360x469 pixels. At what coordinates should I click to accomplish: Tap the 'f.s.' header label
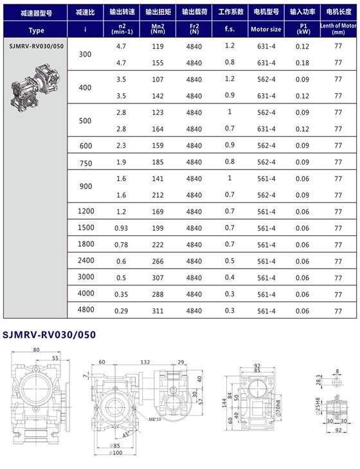coord(230,30)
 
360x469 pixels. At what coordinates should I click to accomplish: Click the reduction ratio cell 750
coord(85,163)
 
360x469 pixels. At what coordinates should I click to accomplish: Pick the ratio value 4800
coord(85,310)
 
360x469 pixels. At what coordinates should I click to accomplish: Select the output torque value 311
coord(157,310)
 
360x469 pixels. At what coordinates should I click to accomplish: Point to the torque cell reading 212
coord(157,195)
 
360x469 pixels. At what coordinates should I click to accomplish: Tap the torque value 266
coord(157,261)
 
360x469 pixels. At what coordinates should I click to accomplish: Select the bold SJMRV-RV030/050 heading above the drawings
coord(49,335)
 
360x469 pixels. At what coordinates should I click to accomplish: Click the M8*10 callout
coord(152,421)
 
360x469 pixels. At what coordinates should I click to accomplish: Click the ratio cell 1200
coord(85,211)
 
